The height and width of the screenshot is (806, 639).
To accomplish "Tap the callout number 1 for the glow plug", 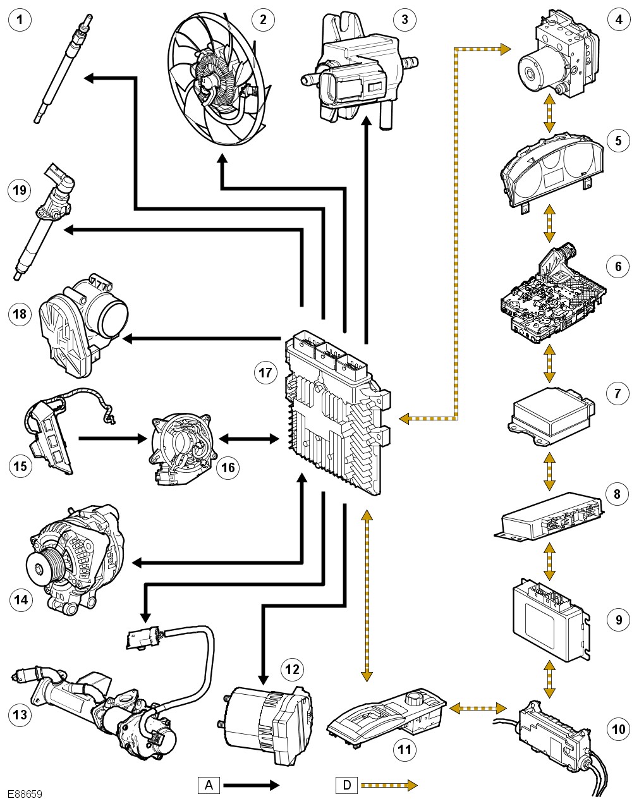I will coord(22,20).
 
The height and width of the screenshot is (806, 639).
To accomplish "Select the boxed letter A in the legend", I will coord(209,785).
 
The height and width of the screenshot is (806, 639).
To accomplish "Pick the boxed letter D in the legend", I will coord(346,785).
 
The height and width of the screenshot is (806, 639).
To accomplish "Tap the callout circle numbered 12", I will coord(291,668).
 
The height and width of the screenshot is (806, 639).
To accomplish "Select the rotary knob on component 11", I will coord(415,699).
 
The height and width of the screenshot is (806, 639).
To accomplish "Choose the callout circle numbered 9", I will coord(618,620).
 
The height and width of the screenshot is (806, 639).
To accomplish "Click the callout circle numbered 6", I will coord(618,266).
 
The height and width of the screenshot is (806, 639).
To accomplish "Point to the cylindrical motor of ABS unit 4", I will coord(534,71).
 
